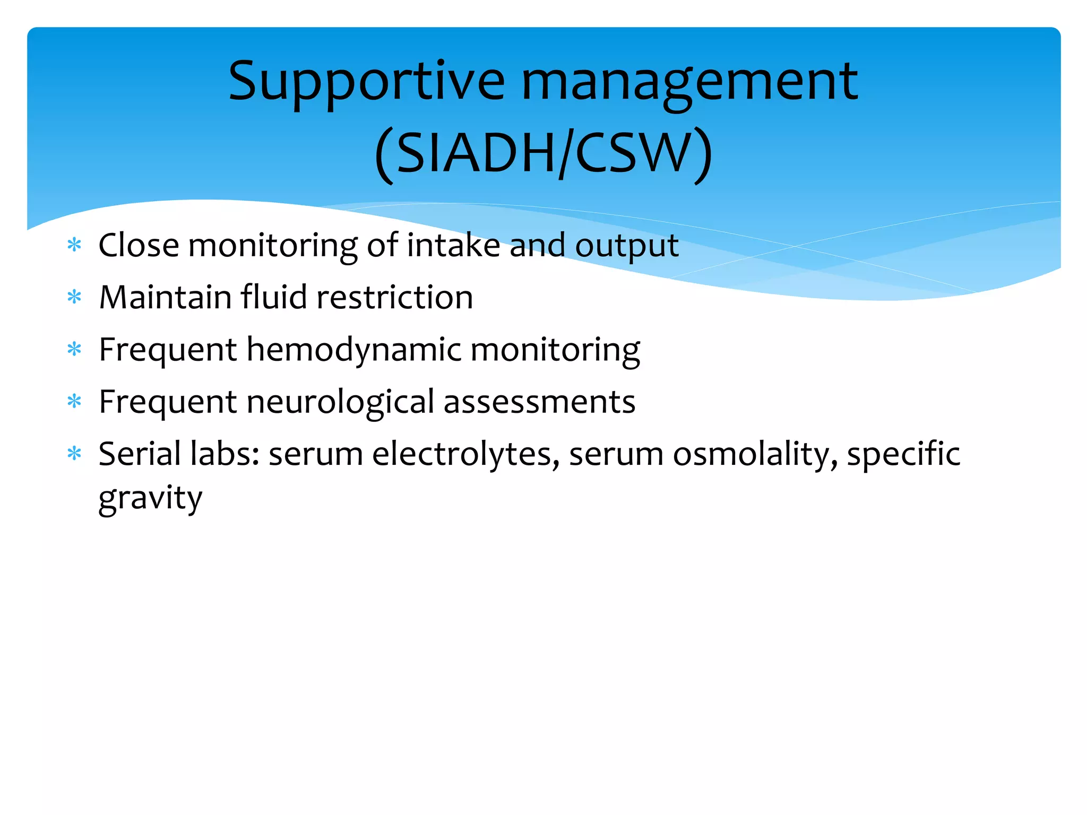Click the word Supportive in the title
pos(366,82)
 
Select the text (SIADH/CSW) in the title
pos(543,154)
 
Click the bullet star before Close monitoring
pos(74,246)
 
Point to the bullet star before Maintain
pos(74,298)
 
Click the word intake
pos(453,245)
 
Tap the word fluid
pos(274,297)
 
